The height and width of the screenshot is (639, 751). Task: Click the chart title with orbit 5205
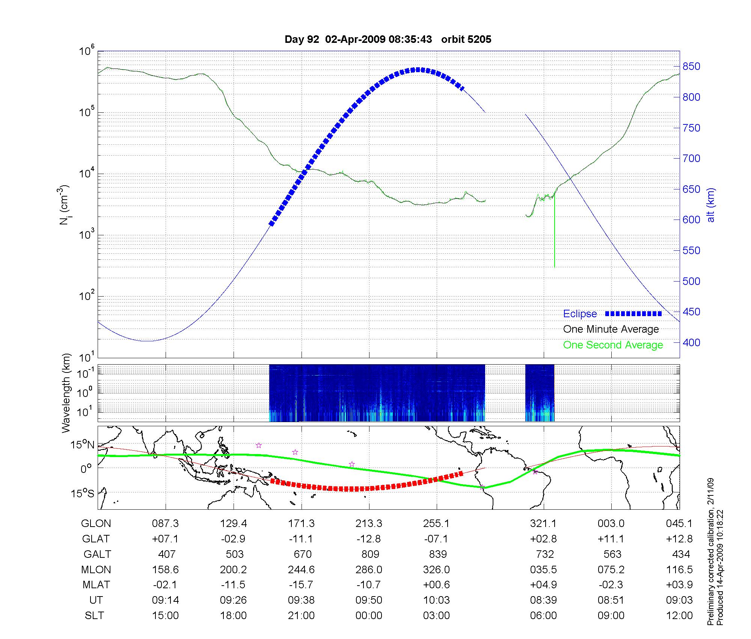coord(388,39)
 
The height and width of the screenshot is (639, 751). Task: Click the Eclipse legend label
coord(580,314)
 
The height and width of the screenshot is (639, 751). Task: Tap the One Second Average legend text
coord(613,345)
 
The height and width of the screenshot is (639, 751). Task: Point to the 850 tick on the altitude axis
coord(691,67)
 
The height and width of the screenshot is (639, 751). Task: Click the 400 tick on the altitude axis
coord(691,342)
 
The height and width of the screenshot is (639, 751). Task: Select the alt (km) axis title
coord(711,205)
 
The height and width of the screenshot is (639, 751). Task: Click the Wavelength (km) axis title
coord(66,393)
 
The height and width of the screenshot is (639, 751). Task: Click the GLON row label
coord(96,524)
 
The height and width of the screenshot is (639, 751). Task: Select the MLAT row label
coord(96,585)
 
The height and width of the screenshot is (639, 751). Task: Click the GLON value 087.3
coord(165,524)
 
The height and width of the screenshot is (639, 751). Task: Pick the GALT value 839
coord(438,554)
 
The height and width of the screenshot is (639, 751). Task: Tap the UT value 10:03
coord(436,600)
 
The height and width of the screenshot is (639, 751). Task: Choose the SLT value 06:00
coord(543,616)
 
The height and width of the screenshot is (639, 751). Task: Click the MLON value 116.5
coord(679,570)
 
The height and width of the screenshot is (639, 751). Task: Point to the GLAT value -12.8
coord(369,539)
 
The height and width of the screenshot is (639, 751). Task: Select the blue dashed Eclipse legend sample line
coord(633,313)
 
